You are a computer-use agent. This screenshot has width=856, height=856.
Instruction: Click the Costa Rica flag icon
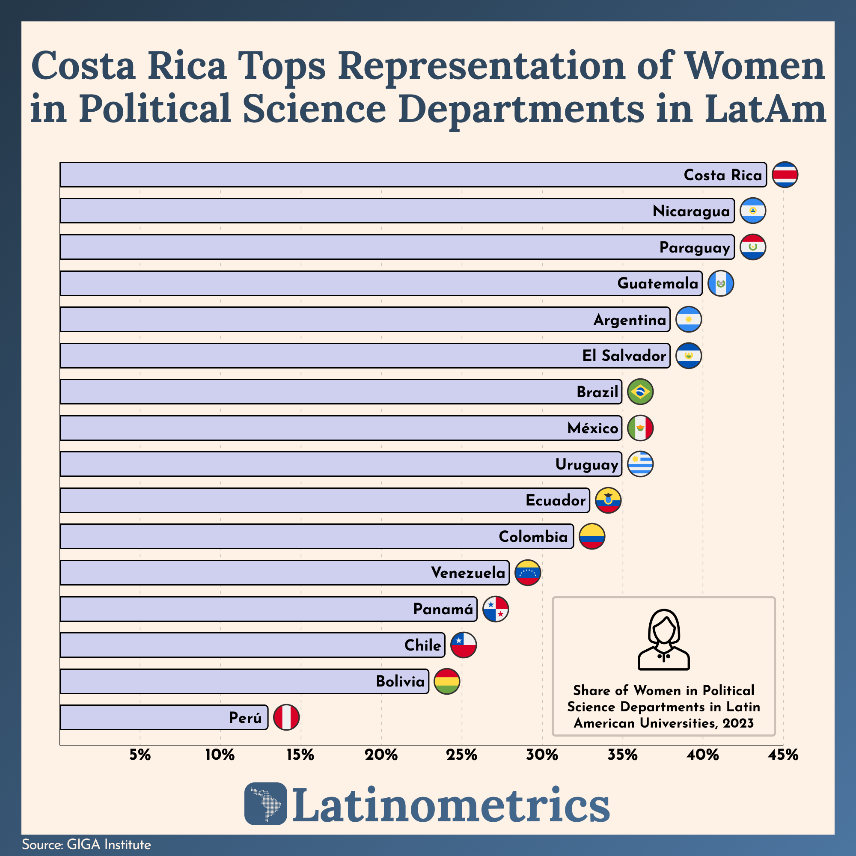[x=785, y=175]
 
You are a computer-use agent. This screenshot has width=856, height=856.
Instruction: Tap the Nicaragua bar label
[x=691, y=211]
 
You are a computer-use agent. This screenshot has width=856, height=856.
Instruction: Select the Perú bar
[x=164, y=717]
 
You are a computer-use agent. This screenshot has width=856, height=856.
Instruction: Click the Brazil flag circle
[x=640, y=392]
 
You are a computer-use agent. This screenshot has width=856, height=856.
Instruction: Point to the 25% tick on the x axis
[x=462, y=755]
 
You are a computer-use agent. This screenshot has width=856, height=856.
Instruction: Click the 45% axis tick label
[x=783, y=755]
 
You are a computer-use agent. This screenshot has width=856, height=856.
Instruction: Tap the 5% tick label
[x=140, y=755]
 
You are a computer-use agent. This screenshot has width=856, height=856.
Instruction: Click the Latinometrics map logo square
[x=265, y=804]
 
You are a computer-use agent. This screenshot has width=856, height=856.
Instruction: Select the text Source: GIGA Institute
[x=86, y=844]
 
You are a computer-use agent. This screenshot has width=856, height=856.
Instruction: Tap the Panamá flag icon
[x=495, y=609]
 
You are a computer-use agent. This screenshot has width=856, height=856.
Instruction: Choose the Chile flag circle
[x=464, y=645]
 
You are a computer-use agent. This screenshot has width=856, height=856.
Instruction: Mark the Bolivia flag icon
[x=446, y=681]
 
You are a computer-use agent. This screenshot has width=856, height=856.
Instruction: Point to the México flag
[x=640, y=428]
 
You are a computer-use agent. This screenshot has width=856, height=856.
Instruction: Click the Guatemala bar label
[x=657, y=283]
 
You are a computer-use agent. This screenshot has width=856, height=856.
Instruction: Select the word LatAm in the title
[x=765, y=109]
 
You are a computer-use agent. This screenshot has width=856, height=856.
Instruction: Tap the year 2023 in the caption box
[x=738, y=723]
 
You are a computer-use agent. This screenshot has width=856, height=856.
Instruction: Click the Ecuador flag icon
[x=608, y=500]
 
